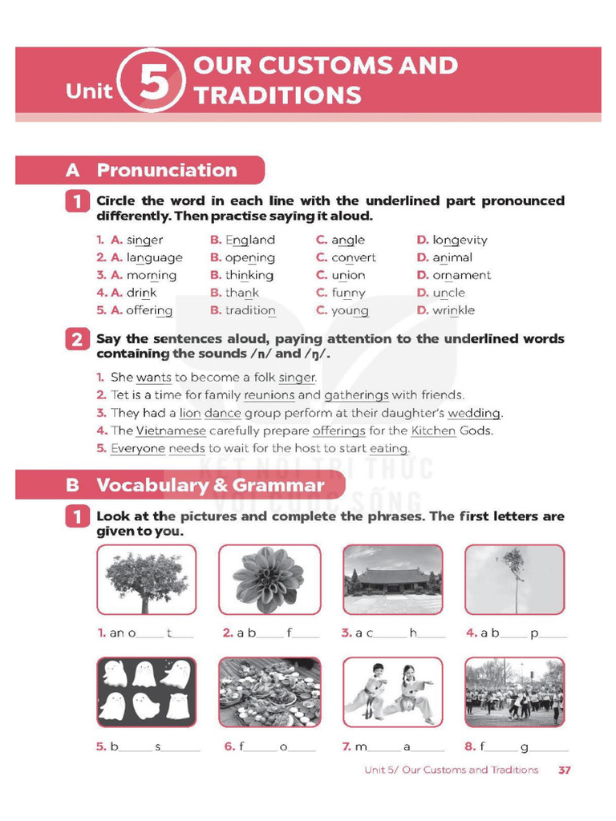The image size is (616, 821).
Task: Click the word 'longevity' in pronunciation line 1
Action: click(460, 240)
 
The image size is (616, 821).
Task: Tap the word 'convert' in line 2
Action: click(354, 257)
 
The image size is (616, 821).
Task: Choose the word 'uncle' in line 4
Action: click(448, 293)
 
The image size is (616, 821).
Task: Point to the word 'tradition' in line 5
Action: click(250, 310)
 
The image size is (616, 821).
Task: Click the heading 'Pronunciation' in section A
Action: click(167, 170)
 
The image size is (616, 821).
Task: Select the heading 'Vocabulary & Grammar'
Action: click(210, 485)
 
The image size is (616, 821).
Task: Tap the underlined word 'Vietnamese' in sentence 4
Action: click(170, 431)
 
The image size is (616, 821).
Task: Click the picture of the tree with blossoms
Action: click(146, 580)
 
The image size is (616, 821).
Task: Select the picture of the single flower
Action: click(269, 580)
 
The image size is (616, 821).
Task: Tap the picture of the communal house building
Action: click(392, 580)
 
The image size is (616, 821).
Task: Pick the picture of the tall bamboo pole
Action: click(514, 580)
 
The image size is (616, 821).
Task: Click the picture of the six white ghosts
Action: click(146, 692)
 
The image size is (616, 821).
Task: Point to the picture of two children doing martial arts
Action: click(392, 692)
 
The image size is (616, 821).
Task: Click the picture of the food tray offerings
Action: click(269, 692)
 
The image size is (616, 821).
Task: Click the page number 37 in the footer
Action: click(564, 770)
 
